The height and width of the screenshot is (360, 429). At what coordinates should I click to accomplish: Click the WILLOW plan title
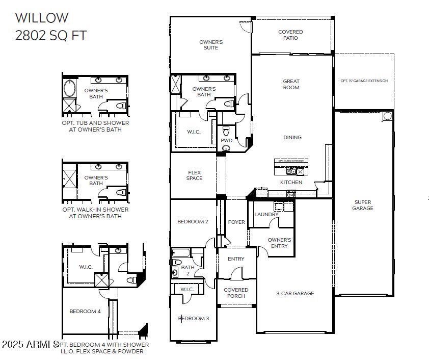click(41, 18)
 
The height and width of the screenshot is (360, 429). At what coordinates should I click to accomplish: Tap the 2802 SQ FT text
click(50, 35)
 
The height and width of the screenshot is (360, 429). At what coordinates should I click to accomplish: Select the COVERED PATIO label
click(290, 35)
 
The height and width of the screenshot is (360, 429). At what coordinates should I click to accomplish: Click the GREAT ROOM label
click(291, 84)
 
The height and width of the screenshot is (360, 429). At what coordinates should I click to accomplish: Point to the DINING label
click(292, 137)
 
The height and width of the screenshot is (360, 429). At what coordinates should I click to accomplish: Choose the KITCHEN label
click(291, 182)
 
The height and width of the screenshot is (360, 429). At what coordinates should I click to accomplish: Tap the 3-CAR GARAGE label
click(296, 293)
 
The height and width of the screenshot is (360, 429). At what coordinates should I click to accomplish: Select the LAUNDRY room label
click(266, 215)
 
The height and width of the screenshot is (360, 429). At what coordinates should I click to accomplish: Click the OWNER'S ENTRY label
click(279, 243)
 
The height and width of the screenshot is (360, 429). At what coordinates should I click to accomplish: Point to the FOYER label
click(236, 222)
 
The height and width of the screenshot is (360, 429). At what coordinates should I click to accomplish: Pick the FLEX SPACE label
click(194, 175)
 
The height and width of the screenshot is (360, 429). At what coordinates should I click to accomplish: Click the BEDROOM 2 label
click(193, 222)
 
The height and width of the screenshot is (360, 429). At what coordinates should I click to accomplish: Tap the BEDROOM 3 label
click(194, 319)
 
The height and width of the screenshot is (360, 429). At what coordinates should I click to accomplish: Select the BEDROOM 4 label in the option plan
click(85, 311)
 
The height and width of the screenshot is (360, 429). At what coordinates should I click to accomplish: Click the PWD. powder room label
click(227, 140)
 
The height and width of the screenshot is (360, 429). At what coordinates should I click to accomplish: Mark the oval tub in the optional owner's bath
click(69, 88)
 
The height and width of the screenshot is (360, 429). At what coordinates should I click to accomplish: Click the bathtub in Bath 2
click(181, 253)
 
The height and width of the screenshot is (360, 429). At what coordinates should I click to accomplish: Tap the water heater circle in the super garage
click(387, 116)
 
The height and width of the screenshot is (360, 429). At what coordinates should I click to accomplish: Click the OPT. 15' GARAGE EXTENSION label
click(364, 81)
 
